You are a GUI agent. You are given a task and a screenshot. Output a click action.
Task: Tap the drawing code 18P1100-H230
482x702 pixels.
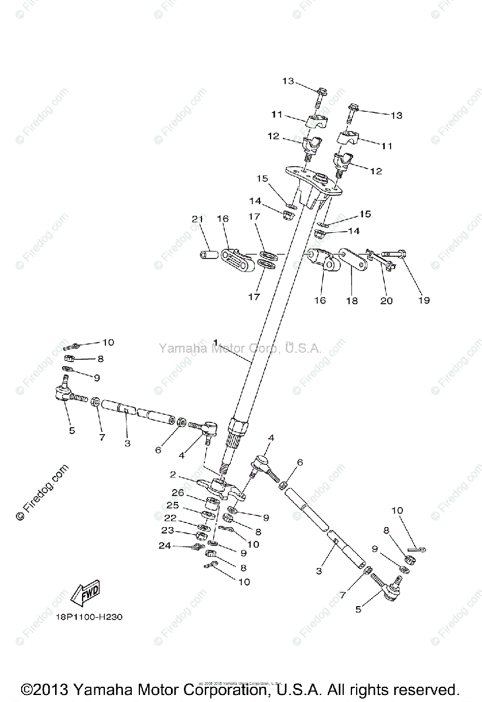click(90, 617)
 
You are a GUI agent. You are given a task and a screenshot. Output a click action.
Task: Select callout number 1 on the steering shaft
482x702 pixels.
click(216, 342)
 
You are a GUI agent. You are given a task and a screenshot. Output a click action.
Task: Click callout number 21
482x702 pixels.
click(197, 219)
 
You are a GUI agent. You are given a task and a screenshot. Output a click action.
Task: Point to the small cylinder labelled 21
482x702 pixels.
click(208, 256)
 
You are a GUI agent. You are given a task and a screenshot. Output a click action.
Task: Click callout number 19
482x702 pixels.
click(423, 300)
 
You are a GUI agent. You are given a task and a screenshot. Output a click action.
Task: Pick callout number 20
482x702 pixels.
click(387, 301)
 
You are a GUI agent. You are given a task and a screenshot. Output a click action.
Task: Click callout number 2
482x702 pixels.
click(173, 474)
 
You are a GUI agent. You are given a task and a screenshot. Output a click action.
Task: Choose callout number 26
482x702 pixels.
click(178, 493)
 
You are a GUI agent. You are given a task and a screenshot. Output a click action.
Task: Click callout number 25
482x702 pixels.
click(172, 505)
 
